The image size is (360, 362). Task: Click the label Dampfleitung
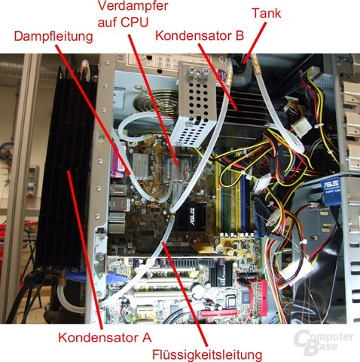coord(53,36)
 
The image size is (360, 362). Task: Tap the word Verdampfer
coord(133,6)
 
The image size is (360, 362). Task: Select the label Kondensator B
coord(200,35)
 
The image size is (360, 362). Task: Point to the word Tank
coord(267,13)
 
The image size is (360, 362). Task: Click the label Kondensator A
coord(105,337)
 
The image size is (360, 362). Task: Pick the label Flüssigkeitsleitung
coord(207,355)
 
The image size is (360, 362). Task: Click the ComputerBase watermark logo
coord(324,342)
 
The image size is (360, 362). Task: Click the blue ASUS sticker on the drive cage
coord(331,190)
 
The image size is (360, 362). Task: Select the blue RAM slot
coord(243,198)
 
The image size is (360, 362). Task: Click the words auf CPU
coord(123,23)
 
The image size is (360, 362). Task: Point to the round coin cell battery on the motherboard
coord(198,290)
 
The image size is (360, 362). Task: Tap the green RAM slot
coord(227,198)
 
